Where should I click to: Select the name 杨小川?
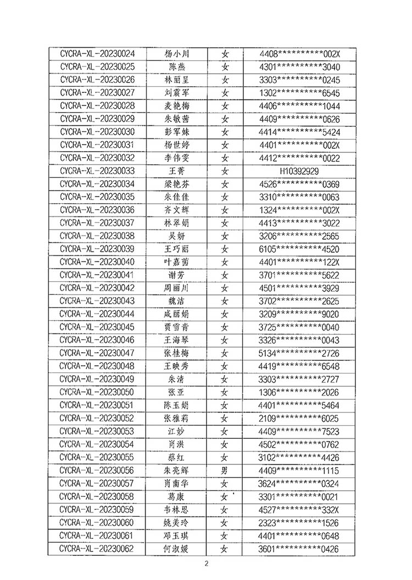tap(176, 54)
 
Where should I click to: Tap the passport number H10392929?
tap(299, 171)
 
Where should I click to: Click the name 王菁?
tap(176, 171)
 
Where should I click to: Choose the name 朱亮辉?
tap(176, 470)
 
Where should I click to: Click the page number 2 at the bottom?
tap(207, 564)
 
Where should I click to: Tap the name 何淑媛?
tap(176, 548)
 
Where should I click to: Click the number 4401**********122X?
tap(299, 262)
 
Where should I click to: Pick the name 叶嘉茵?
tap(176, 262)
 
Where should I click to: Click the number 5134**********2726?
tap(299, 353)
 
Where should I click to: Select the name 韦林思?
tap(176, 509)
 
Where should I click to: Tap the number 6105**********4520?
tap(299, 249)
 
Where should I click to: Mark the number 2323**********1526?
tap(299, 522)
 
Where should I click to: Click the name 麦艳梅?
tap(176, 106)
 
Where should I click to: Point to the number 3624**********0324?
tap(299, 483)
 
